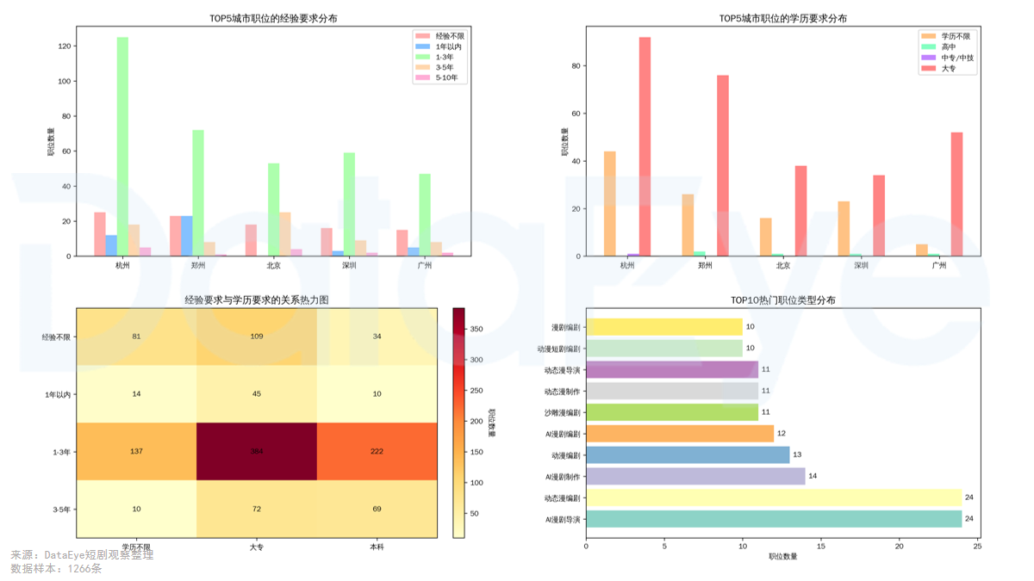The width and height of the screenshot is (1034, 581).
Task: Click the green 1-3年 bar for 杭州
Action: (122, 146)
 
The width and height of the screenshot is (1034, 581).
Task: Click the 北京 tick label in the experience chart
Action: (273, 266)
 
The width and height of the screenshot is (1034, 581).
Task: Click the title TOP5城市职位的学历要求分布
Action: (782, 18)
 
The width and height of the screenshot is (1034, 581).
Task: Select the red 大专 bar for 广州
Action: (956, 194)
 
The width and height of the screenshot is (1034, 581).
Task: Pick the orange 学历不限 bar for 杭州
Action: (610, 203)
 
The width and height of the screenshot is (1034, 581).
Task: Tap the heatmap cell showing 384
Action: (257, 451)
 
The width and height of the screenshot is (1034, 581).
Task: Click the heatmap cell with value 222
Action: (377, 451)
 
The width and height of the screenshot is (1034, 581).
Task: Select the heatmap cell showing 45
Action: (257, 394)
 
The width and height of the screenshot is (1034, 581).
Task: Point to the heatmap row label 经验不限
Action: (56, 337)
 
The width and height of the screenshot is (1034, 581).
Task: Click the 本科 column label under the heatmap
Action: (377, 547)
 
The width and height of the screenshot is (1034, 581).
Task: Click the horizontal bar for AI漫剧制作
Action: (695, 476)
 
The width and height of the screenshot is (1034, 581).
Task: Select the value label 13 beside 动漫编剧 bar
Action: (797, 454)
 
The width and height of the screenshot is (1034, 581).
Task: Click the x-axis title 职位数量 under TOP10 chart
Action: (782, 556)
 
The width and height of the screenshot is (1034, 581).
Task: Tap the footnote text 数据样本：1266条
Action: (56, 569)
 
